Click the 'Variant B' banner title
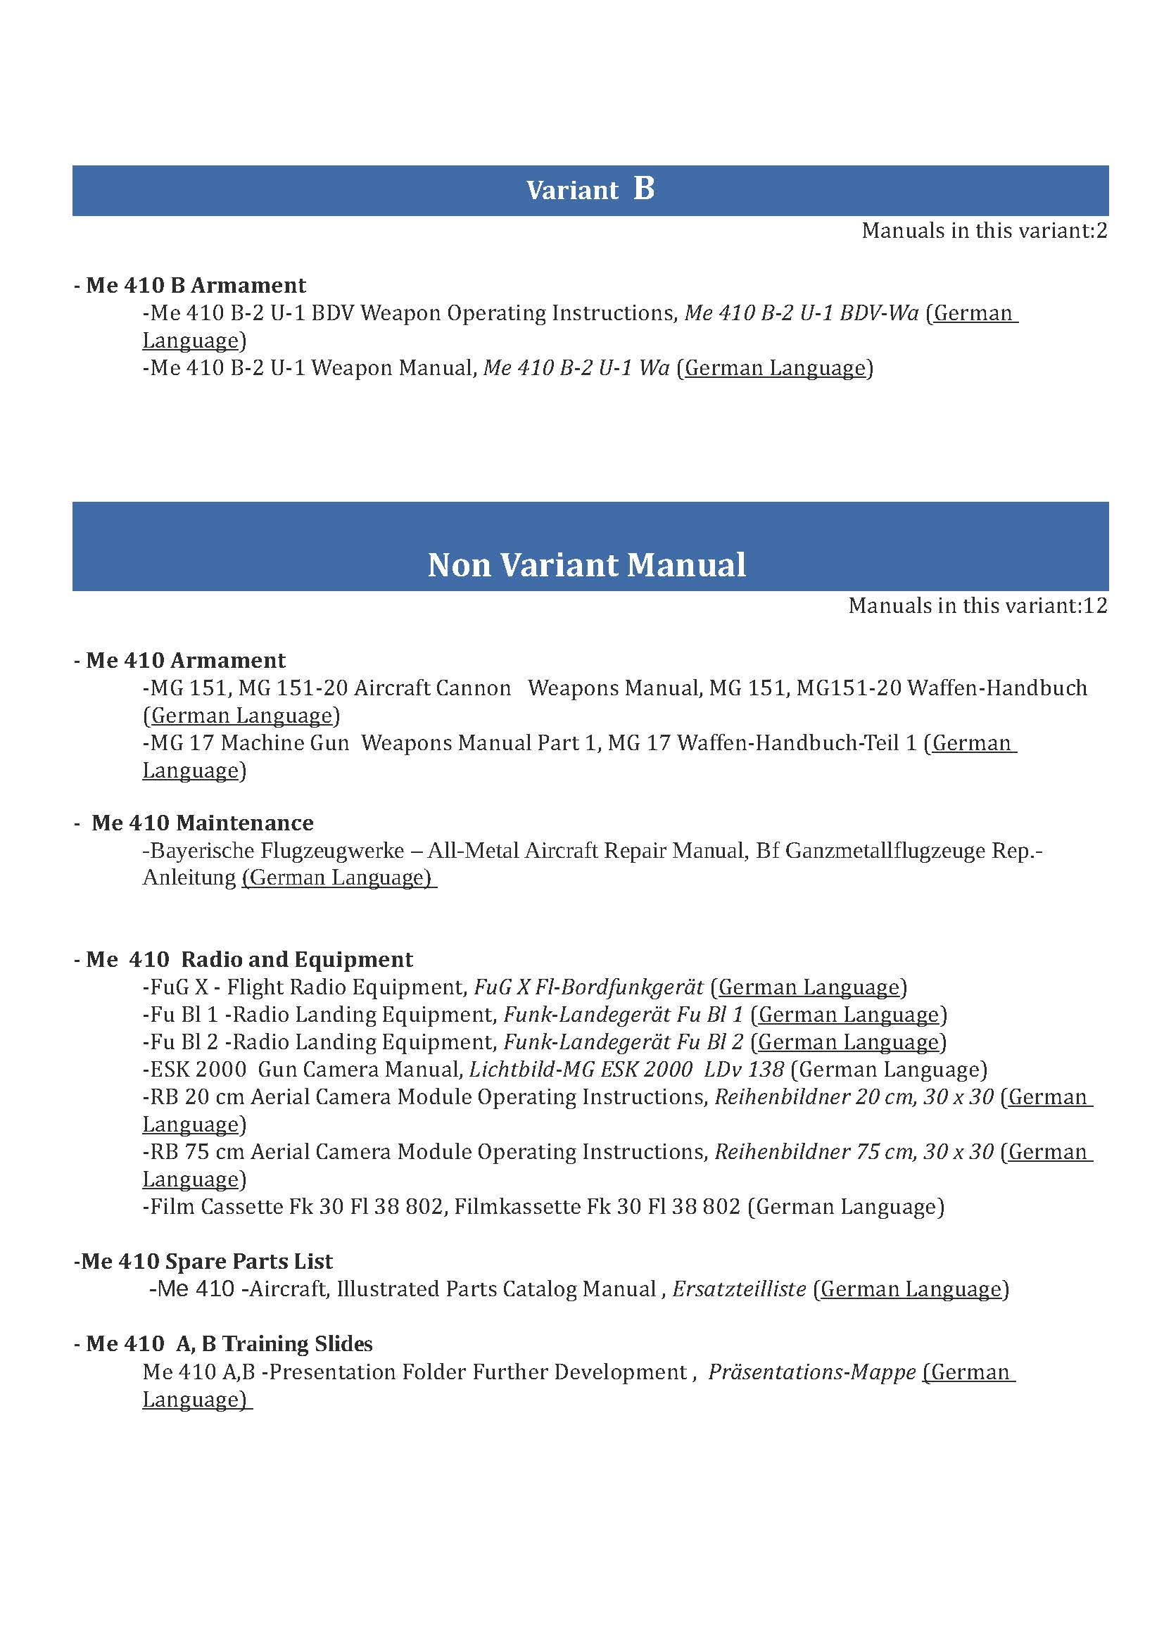coord(590,190)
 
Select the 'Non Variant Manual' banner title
coord(586,565)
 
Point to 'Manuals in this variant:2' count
coord(984,231)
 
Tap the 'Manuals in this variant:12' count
coord(978,606)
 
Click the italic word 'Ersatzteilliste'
coord(739,1290)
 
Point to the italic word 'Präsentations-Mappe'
coord(812,1372)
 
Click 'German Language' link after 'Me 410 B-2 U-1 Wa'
coord(775,369)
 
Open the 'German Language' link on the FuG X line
coord(809,988)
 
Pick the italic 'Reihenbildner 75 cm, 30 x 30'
coord(854,1152)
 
